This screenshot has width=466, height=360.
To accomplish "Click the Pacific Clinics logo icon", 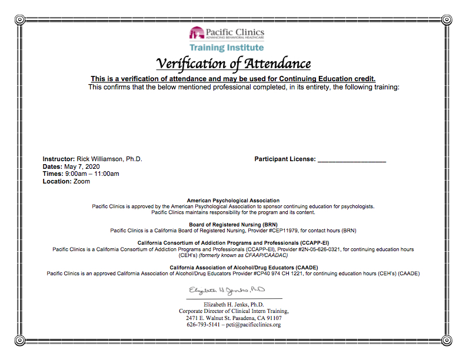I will point(197,33).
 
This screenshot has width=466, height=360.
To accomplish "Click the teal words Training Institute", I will point(227,48).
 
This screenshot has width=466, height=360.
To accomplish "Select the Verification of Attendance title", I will point(233,64).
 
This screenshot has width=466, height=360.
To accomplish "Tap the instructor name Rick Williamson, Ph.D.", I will point(109,159).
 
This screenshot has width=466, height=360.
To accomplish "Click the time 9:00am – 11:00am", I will point(92,174).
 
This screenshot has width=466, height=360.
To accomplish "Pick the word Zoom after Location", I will point(82,182).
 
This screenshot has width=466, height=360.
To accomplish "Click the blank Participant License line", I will point(351,160).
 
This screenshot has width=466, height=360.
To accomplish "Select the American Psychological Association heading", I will point(233,201).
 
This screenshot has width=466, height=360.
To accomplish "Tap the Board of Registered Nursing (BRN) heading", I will point(233,225).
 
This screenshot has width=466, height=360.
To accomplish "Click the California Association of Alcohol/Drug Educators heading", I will point(233,268).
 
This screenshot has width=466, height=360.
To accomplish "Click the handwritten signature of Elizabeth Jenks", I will point(227,291).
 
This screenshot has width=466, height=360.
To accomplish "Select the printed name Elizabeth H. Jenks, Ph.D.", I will point(234,304).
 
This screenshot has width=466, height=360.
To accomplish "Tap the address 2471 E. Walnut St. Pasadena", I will point(234,318).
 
